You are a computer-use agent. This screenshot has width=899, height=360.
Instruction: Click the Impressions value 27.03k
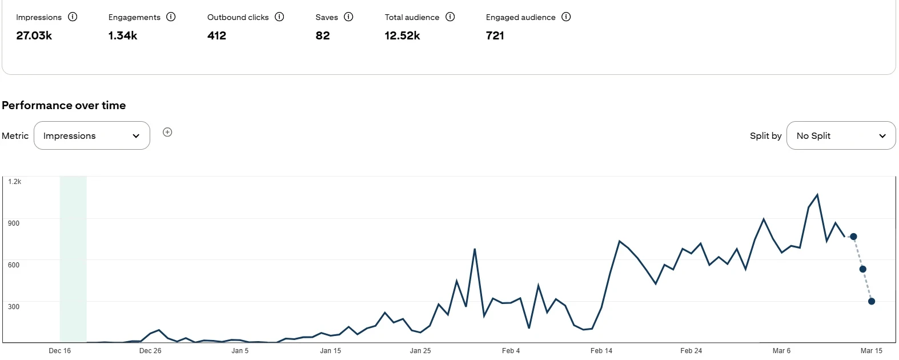pos(34,35)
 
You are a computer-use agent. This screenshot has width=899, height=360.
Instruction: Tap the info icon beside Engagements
pos(171,17)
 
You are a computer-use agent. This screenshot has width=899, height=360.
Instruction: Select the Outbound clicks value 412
pos(216,35)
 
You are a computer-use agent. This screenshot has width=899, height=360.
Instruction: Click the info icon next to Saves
pos(348,17)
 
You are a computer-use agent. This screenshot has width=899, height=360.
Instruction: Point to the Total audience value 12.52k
pos(402,35)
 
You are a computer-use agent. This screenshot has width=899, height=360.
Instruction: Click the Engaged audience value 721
pos(495,35)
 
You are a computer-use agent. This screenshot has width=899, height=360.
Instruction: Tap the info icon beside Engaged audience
pos(566,17)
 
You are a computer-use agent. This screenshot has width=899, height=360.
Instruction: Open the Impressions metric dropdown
pos(92,135)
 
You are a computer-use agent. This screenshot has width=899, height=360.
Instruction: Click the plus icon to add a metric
pos(167,132)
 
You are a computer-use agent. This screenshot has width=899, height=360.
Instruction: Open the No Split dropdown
pos(841,135)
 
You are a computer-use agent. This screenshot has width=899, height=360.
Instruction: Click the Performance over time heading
pos(64,105)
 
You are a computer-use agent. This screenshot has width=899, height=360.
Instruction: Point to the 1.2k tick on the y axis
pos(15,182)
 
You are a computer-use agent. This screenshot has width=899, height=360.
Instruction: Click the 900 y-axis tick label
pos(14,223)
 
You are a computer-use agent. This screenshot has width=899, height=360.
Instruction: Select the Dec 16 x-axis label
pos(60,351)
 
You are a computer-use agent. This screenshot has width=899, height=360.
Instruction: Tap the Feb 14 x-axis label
pos(601,351)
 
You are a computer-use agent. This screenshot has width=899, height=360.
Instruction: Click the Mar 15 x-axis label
pos(872,351)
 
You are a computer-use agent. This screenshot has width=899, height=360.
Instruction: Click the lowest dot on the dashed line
pos(872,301)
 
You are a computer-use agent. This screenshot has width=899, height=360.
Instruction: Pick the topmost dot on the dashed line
pos(853,237)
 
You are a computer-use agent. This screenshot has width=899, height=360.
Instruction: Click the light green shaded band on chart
pos(73,257)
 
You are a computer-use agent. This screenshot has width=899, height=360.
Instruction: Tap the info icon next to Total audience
pos(450,17)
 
